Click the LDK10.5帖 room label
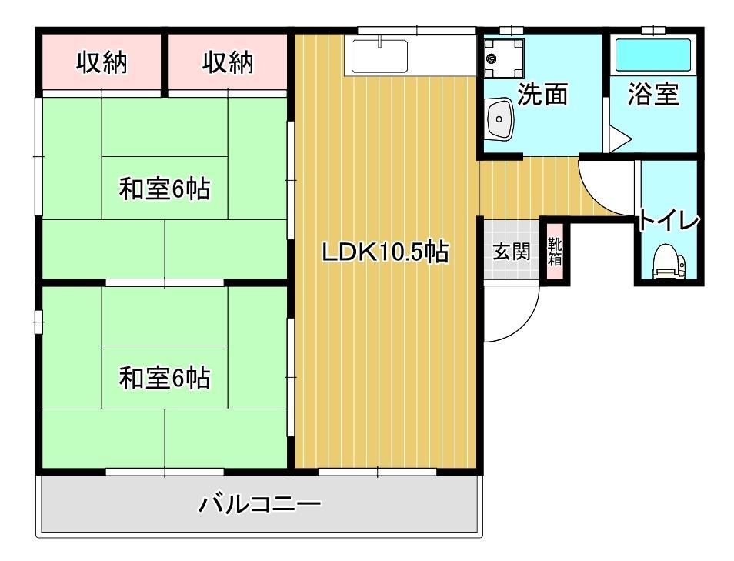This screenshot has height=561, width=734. click(x=385, y=252)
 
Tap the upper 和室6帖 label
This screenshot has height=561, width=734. click(x=165, y=189)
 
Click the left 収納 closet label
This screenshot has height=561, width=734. click(x=102, y=63)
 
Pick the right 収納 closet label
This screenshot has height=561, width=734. click(x=229, y=63)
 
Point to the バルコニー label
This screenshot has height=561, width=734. click(x=260, y=506)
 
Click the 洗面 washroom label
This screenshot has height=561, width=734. click(x=542, y=94)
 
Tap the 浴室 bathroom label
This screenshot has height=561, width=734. click(x=653, y=94)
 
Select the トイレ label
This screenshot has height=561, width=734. click(x=669, y=221)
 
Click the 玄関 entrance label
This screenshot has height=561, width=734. click(x=512, y=252)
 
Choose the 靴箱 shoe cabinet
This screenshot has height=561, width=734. click(x=555, y=252)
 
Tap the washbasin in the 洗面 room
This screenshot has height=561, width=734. click(x=501, y=119)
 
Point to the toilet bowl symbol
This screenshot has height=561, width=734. click(x=667, y=262)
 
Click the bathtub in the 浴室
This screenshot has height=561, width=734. click(x=653, y=55)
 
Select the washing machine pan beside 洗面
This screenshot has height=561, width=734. click(x=503, y=55)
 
